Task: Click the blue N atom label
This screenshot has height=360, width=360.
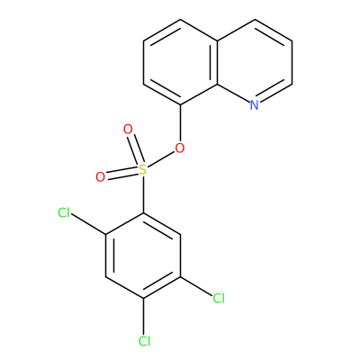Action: (255, 104)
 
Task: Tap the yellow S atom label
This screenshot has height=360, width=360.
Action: (143, 170)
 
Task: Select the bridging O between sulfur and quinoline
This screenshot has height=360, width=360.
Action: (180, 148)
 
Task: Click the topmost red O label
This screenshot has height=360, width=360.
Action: (128, 130)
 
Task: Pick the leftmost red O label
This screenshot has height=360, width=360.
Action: (100, 177)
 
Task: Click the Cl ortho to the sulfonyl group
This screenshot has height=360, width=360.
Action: (64, 213)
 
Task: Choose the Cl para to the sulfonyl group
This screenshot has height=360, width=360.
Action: (144, 341)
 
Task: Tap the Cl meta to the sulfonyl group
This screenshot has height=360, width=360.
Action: (219, 299)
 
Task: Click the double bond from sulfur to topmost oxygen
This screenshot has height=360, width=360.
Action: (135, 150)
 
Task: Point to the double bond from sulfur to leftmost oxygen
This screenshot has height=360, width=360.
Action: (122, 174)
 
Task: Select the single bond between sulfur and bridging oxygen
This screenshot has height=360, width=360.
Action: (161, 159)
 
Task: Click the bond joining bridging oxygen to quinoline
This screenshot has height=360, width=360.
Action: (181, 123)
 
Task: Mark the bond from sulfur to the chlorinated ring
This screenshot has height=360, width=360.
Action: (144, 194)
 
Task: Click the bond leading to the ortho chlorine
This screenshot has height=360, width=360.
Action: (89, 224)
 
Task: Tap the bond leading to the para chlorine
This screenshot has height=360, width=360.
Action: (144, 317)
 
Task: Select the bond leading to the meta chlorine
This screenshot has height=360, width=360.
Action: (196, 286)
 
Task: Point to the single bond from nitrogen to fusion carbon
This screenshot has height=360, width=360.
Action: (233, 93)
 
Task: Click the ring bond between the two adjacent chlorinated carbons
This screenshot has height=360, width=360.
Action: (162, 286)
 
